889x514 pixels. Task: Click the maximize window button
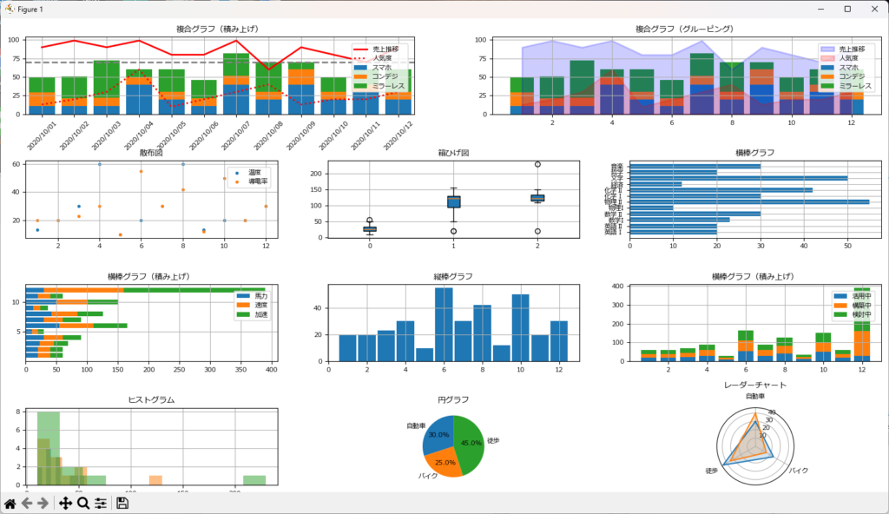[847, 8]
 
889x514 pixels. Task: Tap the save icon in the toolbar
[122, 504]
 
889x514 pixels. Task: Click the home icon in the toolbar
[10, 504]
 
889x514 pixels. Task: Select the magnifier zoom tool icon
[83, 504]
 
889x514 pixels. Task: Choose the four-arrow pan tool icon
[65, 504]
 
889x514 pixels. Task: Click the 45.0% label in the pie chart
[470, 443]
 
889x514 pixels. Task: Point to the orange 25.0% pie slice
[444, 460]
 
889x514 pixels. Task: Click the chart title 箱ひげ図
[452, 153]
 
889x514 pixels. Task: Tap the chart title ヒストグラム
[151, 399]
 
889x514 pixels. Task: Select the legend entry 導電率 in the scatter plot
[254, 182]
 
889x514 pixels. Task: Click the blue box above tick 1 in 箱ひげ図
[453, 202]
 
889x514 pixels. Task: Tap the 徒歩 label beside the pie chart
[494, 440]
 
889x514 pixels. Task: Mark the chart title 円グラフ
[453, 399]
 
